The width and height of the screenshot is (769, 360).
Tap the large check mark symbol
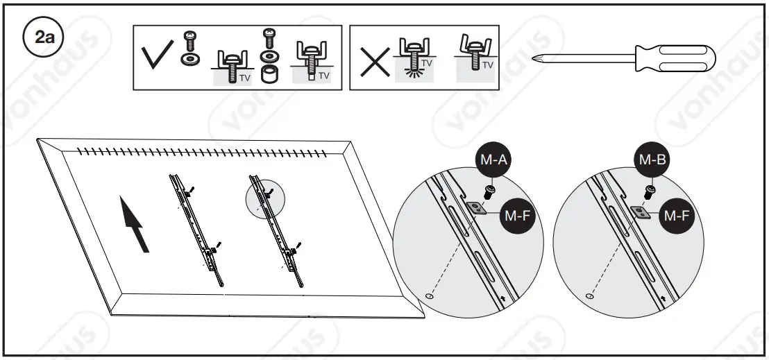158,57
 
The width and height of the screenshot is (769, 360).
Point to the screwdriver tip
537,58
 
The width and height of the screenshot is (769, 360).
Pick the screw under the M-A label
490,189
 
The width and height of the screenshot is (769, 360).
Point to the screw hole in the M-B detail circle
589,296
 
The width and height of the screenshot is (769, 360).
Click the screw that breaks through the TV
414,60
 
